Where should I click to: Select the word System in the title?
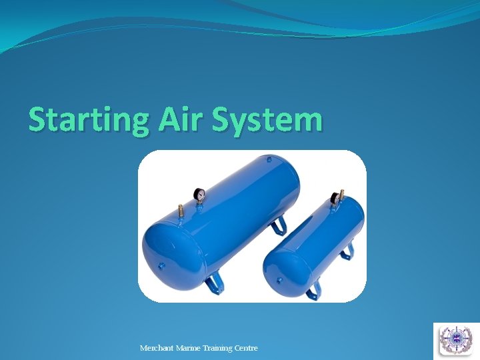coord(268,121)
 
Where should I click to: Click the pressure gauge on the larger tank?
coord(199,195)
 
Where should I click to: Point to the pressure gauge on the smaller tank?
coord(334,198)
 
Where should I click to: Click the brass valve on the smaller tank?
coord(342,194)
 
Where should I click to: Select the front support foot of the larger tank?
coord(214,285)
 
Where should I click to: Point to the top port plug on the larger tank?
coord(269,159)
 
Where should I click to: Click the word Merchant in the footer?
coord(157,348)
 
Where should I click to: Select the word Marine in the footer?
coord(190,348)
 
